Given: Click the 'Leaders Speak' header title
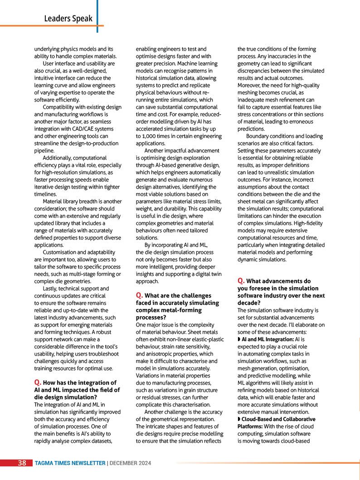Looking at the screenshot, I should click(68, 19).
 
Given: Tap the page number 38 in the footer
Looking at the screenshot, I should click(22, 463).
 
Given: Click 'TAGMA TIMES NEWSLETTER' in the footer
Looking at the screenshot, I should click(70, 463).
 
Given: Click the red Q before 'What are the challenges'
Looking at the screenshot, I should click(139, 296).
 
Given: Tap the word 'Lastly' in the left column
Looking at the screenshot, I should click(51, 289).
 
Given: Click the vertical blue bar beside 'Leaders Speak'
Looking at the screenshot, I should click(97, 16).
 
